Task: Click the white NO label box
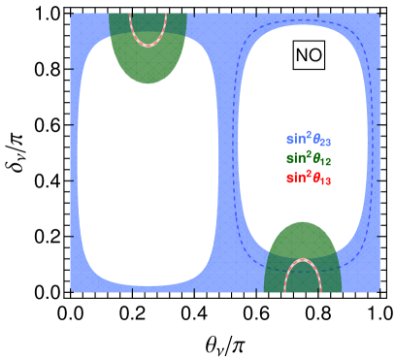tap(309, 55)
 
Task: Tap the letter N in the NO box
tap(302, 55)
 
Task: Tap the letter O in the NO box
tap(315, 55)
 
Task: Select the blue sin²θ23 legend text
tap(309, 139)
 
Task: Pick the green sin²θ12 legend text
tap(309, 158)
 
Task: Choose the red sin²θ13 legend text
tap(309, 178)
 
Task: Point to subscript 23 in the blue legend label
tap(326, 142)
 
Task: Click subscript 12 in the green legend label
tap(326, 161)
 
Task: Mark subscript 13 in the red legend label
tap(326, 180)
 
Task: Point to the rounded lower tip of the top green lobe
tap(148, 81)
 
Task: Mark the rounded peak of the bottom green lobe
tap(303, 224)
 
